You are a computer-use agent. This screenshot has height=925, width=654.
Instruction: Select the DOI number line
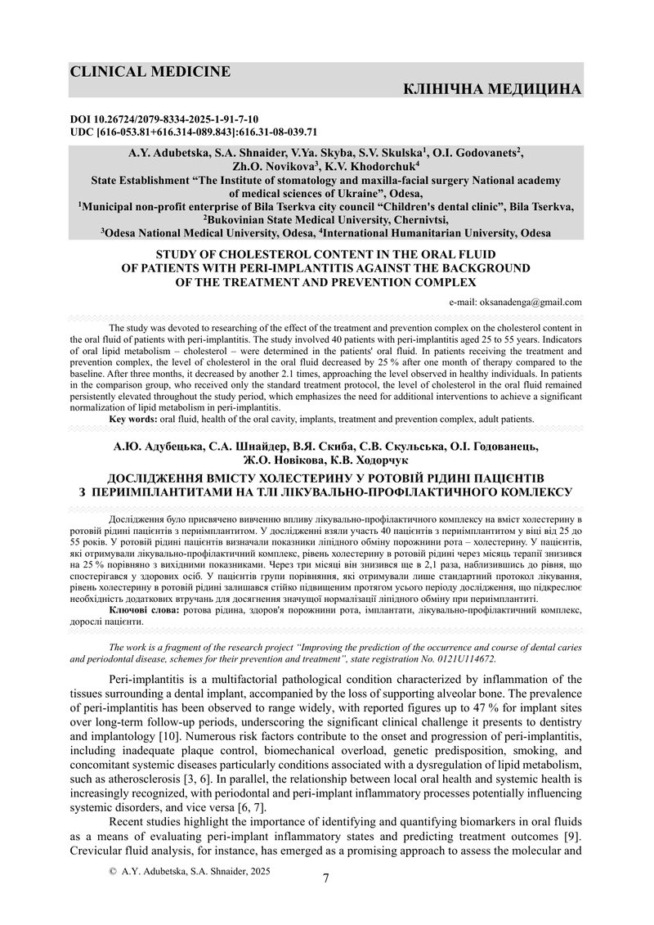tap(164, 119)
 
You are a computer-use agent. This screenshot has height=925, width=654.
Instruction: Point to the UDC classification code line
tap(194, 131)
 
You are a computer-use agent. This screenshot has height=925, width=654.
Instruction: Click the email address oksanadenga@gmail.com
tap(526, 302)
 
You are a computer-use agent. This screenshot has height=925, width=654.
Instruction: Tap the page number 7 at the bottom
tap(327, 878)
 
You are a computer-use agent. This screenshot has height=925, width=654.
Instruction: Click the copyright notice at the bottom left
tap(190, 872)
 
